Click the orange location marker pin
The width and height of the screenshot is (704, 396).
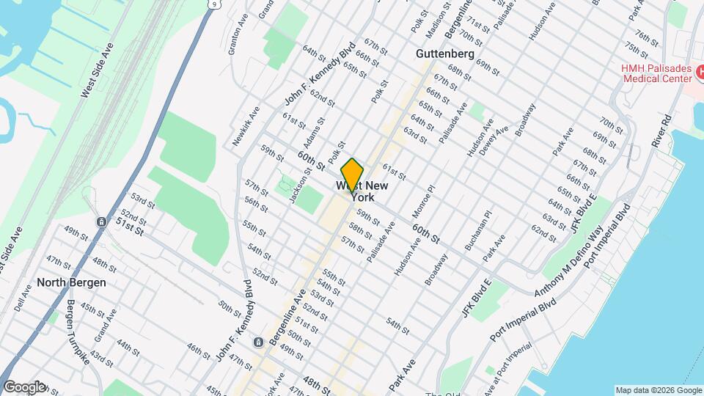pos(352,174)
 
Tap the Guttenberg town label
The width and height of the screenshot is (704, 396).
pos(445,54)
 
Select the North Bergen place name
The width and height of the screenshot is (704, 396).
pos(72,282)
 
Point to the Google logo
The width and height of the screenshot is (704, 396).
pos(23,386)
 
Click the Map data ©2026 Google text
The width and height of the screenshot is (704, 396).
pos(658,389)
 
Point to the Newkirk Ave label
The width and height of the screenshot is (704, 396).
pos(246,126)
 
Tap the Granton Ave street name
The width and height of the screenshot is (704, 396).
pos(235,41)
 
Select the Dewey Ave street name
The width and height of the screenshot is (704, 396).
pos(492,140)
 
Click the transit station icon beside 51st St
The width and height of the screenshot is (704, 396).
pos(100,221)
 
